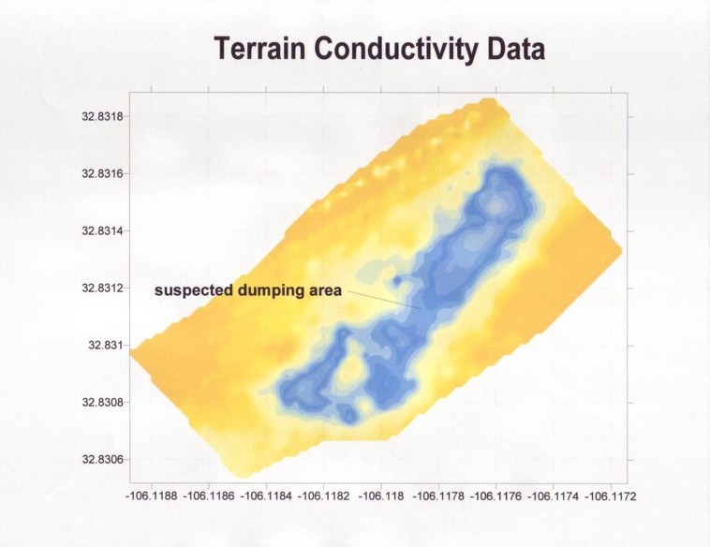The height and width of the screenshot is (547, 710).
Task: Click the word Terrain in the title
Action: (x=259, y=49)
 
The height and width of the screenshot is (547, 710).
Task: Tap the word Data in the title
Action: (x=516, y=49)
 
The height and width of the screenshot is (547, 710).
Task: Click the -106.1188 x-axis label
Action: (x=151, y=496)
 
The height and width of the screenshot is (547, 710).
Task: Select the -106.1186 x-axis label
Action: (x=209, y=496)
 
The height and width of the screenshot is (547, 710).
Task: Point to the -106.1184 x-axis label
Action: (x=266, y=496)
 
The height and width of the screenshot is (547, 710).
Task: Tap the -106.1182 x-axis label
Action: (x=324, y=496)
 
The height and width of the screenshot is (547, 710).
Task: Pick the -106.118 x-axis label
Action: (x=381, y=496)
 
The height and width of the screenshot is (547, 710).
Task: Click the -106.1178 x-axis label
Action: (x=438, y=496)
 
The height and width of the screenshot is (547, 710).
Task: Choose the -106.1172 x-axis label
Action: (x=611, y=496)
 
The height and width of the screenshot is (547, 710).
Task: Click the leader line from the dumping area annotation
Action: (x=384, y=300)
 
